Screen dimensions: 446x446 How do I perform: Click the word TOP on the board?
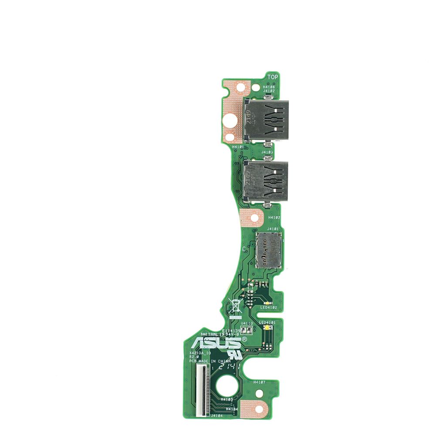point(273,77)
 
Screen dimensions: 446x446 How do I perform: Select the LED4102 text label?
point(269,307)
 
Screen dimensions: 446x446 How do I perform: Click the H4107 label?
point(260,382)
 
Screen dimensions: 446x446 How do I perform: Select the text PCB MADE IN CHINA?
point(210,361)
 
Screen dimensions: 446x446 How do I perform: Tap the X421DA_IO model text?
point(200,352)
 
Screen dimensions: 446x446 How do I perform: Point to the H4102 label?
point(274,217)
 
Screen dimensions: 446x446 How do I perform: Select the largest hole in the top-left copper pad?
point(229,120)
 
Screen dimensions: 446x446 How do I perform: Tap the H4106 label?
point(269,87)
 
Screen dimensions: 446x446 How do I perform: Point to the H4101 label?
point(238,147)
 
